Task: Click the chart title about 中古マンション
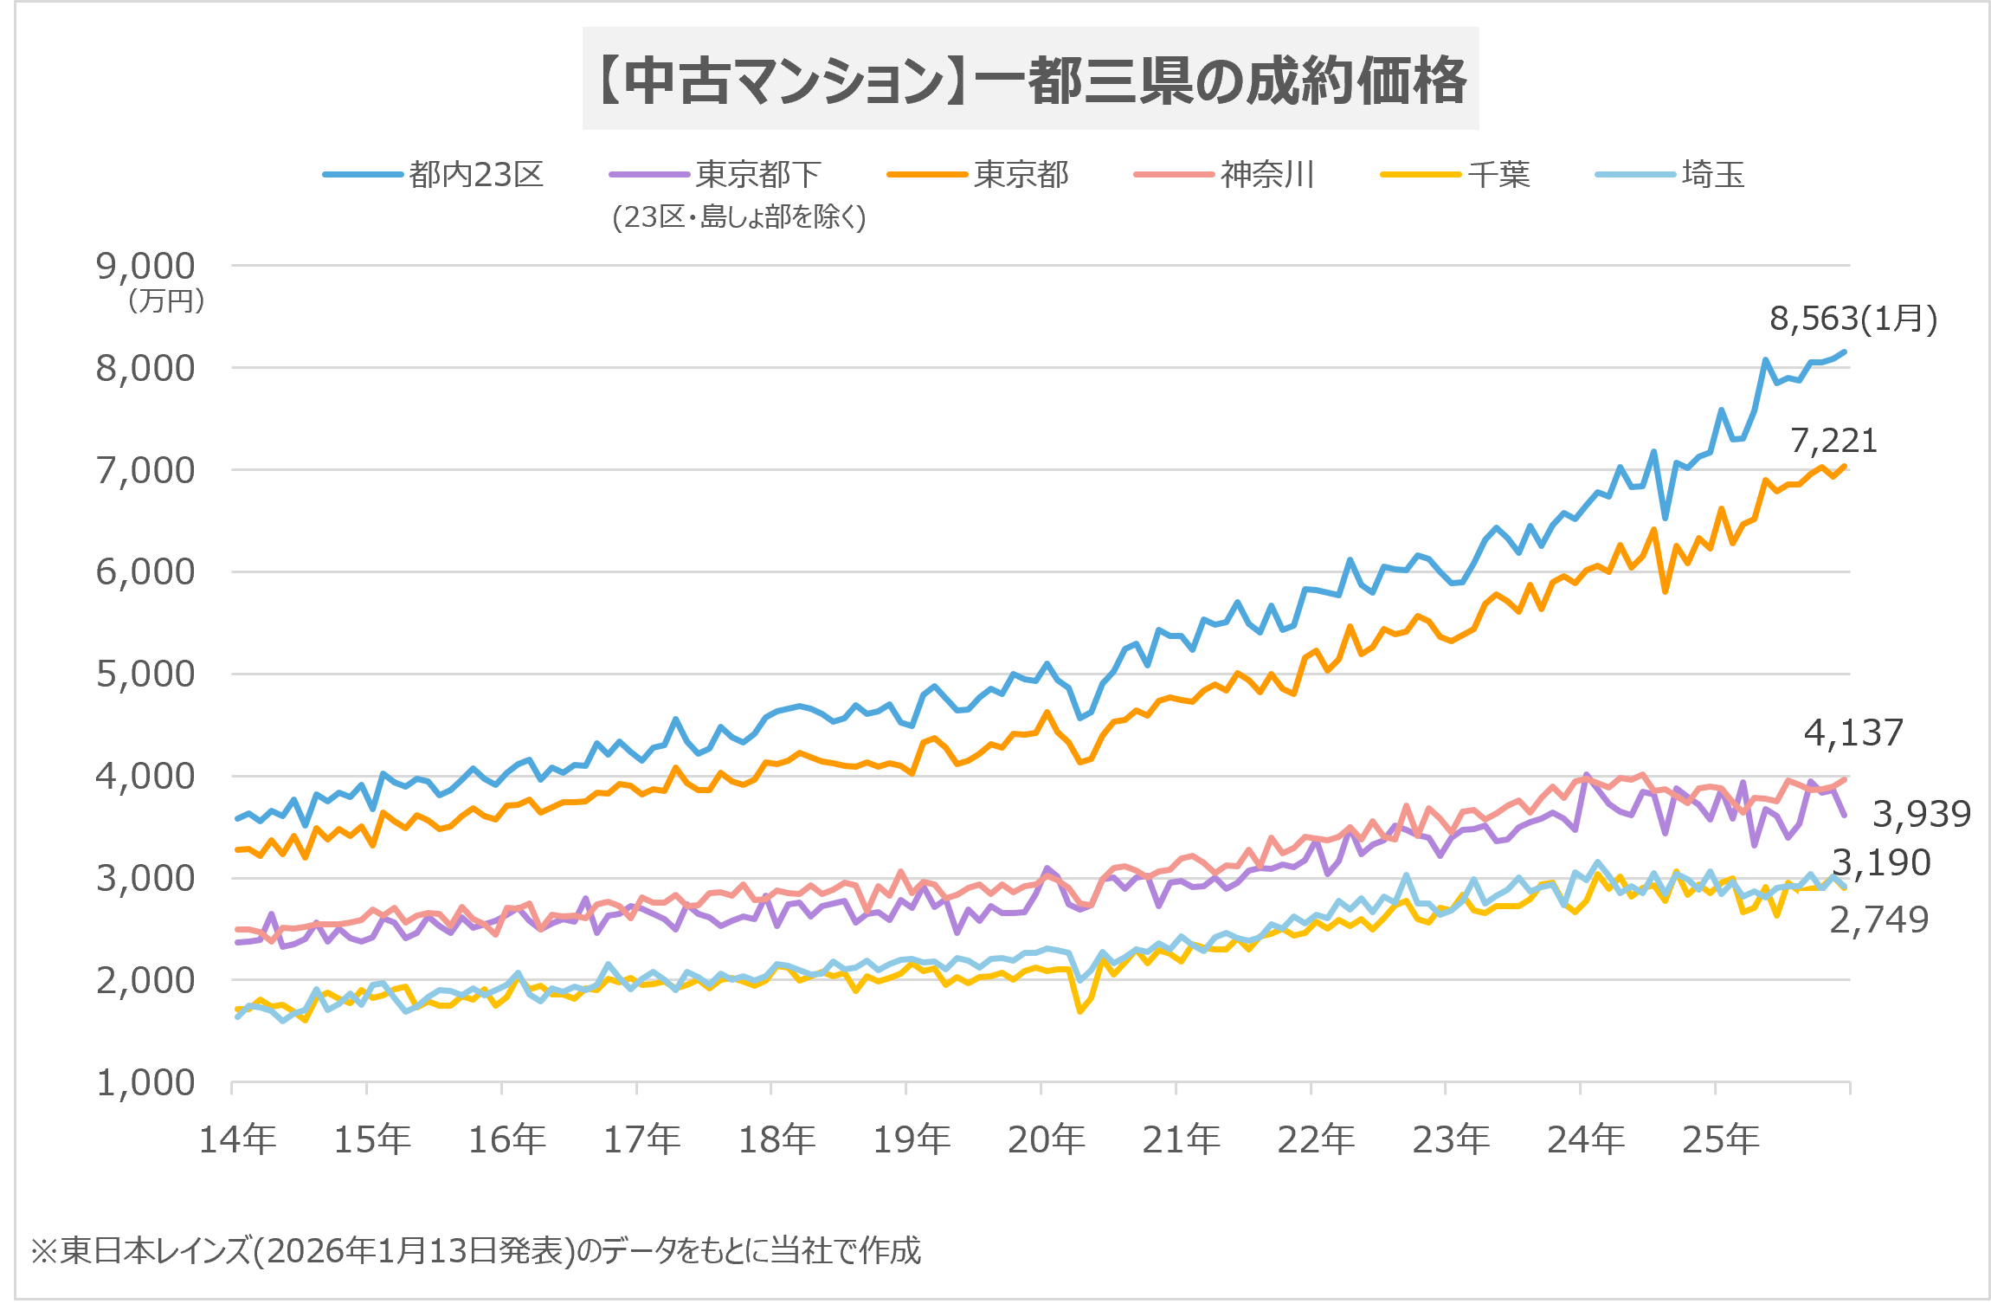pyautogui.click(x=1030, y=80)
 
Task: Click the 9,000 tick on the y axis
pyautogui.click(x=145, y=267)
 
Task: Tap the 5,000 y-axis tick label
pyautogui.click(x=145, y=674)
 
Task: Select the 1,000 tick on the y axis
pyautogui.click(x=145, y=1083)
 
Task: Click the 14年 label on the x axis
pyautogui.click(x=238, y=1139)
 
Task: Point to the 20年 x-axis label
pyautogui.click(x=1047, y=1139)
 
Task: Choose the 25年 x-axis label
pyautogui.click(x=1721, y=1139)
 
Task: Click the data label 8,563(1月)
pyautogui.click(x=1853, y=319)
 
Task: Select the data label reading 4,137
pyautogui.click(x=1854, y=733)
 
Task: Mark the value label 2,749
pyautogui.click(x=1879, y=920)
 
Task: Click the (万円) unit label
pyautogui.click(x=166, y=301)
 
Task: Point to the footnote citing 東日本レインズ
pyautogui.click(x=476, y=1250)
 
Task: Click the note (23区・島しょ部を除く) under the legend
pyautogui.click(x=739, y=216)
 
